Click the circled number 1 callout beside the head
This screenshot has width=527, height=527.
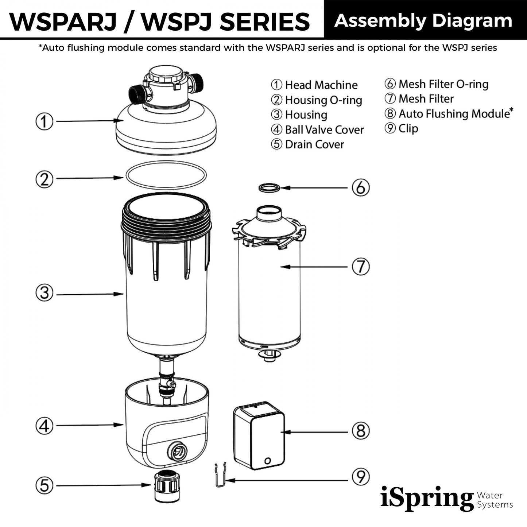click(x=44, y=121)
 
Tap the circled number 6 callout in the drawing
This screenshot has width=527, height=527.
click(x=360, y=187)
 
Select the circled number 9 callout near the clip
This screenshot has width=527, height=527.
click(x=360, y=477)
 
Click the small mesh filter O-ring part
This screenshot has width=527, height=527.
click(x=269, y=188)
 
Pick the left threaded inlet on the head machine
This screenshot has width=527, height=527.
click(x=137, y=95)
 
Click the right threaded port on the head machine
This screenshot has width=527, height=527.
click(x=196, y=83)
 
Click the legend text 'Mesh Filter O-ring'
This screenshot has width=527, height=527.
click(x=443, y=84)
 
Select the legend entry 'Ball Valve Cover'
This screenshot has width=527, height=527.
click(x=324, y=130)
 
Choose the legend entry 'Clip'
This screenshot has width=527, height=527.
click(x=408, y=128)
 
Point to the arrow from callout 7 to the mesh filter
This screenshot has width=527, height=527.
click(x=314, y=267)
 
